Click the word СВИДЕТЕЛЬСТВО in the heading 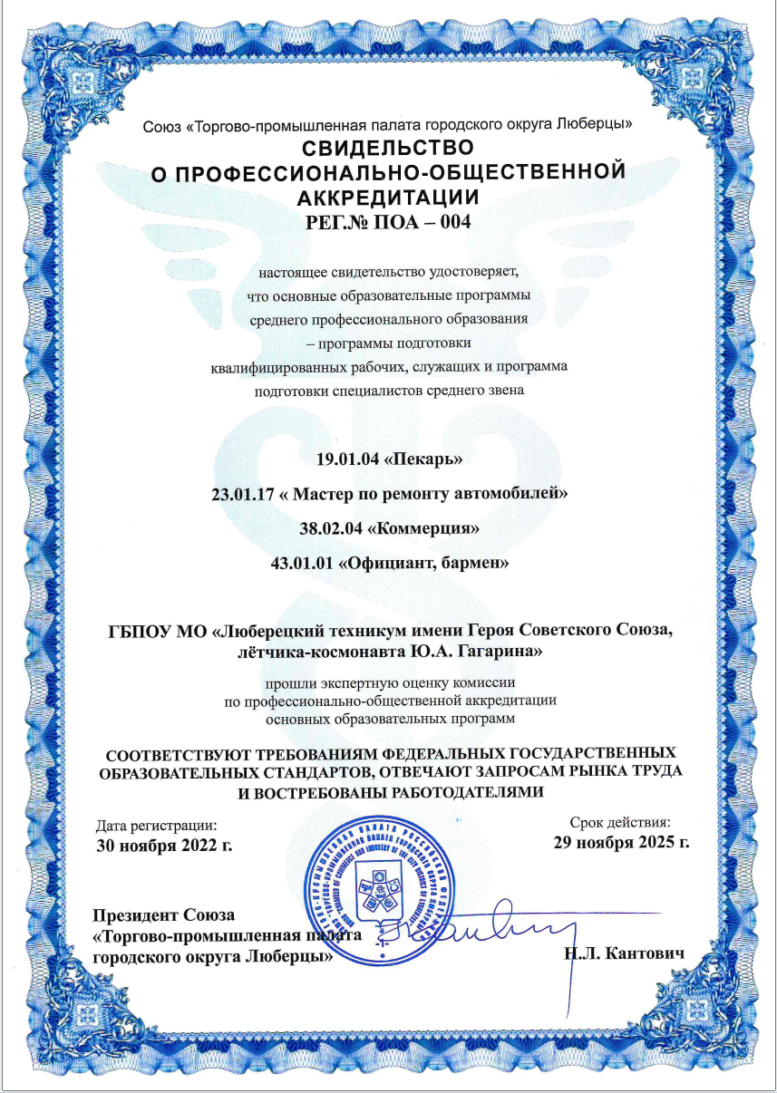pyautogui.click(x=387, y=146)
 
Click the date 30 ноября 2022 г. pyautogui.click(x=165, y=846)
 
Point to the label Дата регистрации pyautogui.click(x=157, y=826)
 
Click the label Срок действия pyautogui.click(x=620, y=823)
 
